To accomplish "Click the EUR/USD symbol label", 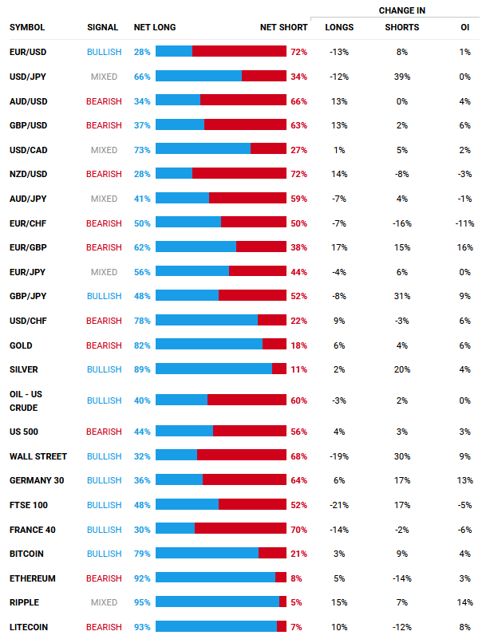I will tap(27, 52).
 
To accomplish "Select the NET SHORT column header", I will tap(283, 27).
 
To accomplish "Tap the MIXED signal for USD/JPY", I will tap(104, 77).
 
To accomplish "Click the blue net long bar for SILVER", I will tap(213, 369).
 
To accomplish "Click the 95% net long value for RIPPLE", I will tap(142, 603).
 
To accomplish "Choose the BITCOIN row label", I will tap(26, 554).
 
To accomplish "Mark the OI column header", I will tap(464, 27).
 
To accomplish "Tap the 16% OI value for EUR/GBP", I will tap(465, 247).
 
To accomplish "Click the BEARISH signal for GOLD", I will tap(104, 345).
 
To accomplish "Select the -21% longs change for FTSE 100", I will tap(339, 505).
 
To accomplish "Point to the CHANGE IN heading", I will tap(401, 10).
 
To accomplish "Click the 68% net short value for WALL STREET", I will tap(298, 456).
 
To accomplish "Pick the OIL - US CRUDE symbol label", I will tap(27, 400).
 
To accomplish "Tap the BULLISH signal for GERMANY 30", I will tap(104, 480).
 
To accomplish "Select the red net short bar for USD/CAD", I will tap(268, 150).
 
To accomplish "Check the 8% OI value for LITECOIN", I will tap(465, 627).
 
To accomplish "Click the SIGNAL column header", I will tap(102, 27).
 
